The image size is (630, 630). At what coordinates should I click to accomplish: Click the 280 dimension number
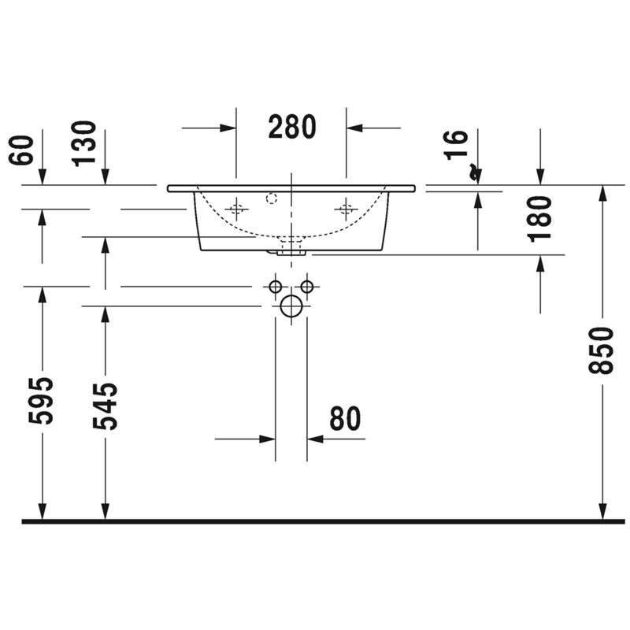pos(292,127)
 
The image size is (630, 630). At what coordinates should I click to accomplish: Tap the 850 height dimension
pos(601,350)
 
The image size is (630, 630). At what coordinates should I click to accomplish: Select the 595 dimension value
pos(41,401)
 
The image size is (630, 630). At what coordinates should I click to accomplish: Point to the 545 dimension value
pos(105,406)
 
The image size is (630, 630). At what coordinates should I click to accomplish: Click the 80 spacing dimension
pos(345,418)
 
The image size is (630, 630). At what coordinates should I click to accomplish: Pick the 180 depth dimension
pos(539,219)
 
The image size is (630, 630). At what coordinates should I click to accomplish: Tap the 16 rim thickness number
pos(456,145)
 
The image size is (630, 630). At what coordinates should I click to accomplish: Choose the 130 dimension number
pos(84,143)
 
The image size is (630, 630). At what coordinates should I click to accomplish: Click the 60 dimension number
pos(21,150)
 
